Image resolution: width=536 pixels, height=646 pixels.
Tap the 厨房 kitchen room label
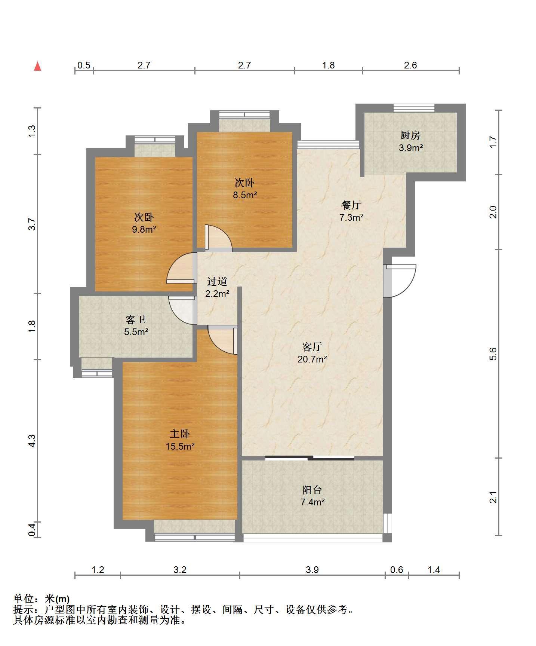(x=410, y=135)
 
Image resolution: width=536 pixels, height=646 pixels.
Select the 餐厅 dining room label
(x=351, y=205)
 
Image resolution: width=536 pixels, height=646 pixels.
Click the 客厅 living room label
(x=312, y=347)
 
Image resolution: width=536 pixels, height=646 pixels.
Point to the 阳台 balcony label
(x=312, y=490)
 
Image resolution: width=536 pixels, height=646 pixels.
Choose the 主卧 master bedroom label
(x=180, y=434)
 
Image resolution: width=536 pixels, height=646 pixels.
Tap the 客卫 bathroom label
(x=136, y=319)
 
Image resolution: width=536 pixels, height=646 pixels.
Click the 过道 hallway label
(x=217, y=281)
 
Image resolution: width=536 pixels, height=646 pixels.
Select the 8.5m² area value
(x=245, y=195)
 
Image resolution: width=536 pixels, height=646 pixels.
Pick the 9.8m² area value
(x=144, y=229)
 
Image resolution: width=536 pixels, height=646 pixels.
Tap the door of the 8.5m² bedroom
(x=219, y=238)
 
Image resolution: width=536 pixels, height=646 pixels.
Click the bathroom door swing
(x=183, y=310)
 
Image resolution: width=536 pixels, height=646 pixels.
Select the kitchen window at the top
(x=414, y=108)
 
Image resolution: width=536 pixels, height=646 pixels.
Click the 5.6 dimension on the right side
(x=493, y=353)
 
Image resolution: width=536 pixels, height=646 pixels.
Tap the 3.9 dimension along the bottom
(x=312, y=570)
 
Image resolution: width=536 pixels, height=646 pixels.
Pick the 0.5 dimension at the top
(x=84, y=65)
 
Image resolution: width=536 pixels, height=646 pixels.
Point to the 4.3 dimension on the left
(x=32, y=441)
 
